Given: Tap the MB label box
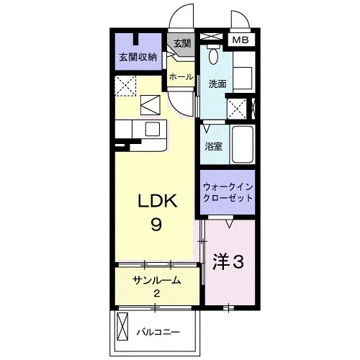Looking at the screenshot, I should click(240, 40).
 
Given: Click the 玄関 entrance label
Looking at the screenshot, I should click(181, 43).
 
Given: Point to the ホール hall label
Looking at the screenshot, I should click(179, 76).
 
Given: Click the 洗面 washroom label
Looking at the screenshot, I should click(217, 84).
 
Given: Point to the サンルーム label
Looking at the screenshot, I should click(156, 279).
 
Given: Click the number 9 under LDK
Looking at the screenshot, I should click(156, 224).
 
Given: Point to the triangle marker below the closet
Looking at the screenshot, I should click(228, 224).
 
